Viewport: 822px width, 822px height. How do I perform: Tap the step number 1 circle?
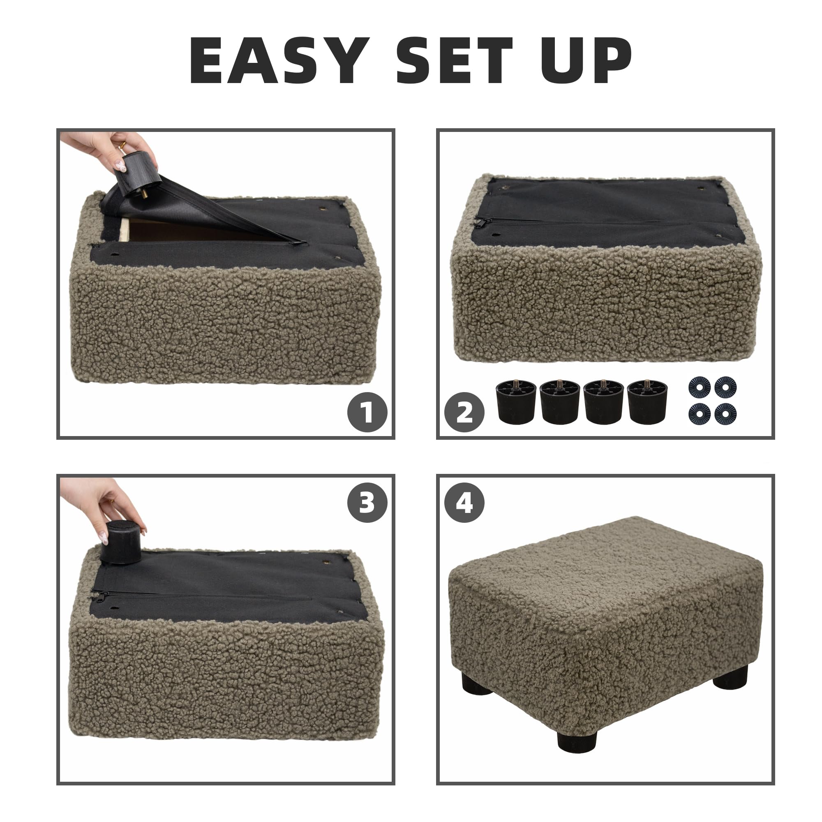[x=367, y=412]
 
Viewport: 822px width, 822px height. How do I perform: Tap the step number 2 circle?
[x=464, y=412]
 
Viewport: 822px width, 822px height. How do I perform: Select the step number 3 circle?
[x=367, y=503]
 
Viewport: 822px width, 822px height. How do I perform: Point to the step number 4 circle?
[x=464, y=503]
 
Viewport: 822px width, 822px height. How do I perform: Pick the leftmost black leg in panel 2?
[x=516, y=402]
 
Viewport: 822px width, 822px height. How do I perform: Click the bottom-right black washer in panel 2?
[x=725, y=413]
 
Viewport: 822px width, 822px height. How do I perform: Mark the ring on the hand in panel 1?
[x=122, y=146]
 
